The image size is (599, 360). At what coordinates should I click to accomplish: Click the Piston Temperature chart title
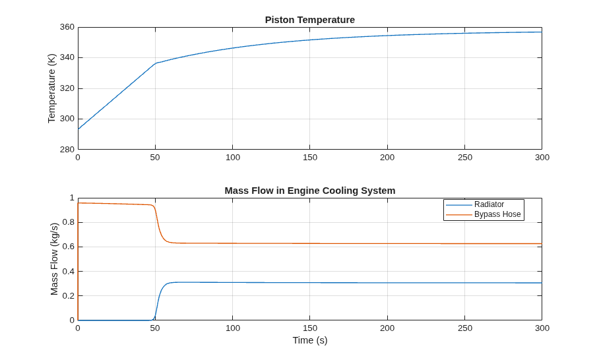[x=310, y=20]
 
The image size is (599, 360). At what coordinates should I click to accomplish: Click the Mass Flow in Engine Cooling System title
[x=310, y=191]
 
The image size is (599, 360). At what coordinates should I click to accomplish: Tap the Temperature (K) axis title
[x=51, y=88]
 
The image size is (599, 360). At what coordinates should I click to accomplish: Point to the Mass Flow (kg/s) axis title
[x=54, y=259]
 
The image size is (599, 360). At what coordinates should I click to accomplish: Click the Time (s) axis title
[x=310, y=340]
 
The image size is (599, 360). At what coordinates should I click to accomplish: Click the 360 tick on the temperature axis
[x=67, y=27]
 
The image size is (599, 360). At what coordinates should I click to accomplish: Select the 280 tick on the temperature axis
[x=67, y=149]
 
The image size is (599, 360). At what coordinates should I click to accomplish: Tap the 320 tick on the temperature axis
[x=67, y=88]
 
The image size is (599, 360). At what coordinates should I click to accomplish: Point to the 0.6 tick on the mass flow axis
[x=69, y=247]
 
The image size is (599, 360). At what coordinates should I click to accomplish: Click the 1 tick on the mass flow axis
[x=72, y=198]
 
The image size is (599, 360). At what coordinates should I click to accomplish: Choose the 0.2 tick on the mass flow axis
[x=69, y=295]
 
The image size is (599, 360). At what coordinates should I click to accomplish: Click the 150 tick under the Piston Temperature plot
[x=310, y=158]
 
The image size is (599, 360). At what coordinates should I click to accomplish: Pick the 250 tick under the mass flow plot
[x=464, y=328]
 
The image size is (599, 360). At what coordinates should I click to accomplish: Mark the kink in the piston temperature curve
[x=156, y=63]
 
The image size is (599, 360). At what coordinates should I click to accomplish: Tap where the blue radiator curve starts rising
[x=154, y=319]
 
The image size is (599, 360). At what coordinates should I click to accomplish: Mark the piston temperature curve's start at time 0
[x=79, y=129]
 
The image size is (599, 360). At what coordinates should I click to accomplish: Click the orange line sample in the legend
[x=458, y=215]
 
